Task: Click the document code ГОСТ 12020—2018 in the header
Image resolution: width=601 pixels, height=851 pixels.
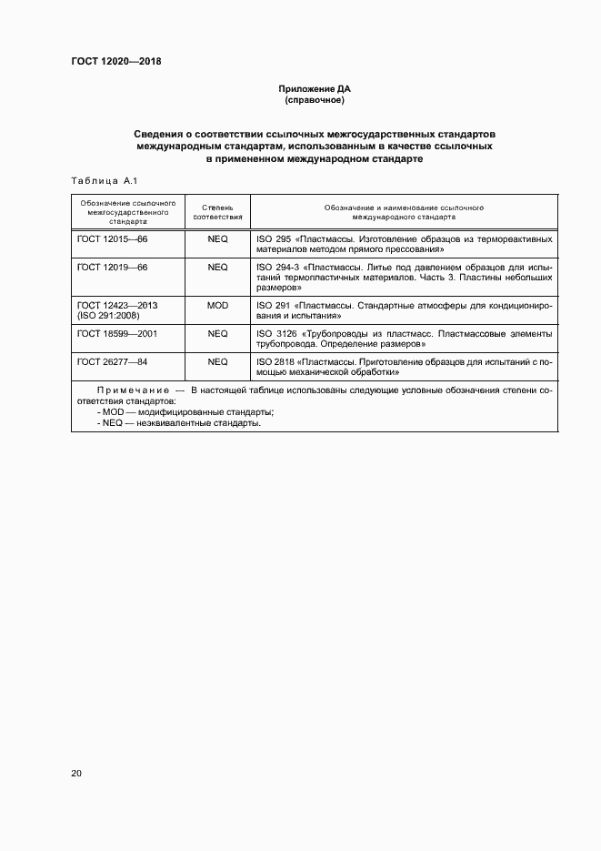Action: pos(116,62)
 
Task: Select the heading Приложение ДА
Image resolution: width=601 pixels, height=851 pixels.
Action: pos(314,89)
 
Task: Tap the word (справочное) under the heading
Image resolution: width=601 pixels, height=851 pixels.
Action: pos(314,100)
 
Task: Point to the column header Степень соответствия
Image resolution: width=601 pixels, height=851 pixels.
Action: pos(217,213)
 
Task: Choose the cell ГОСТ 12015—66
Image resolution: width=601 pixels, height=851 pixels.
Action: pos(112,238)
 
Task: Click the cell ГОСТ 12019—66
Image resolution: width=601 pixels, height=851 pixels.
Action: pos(112,268)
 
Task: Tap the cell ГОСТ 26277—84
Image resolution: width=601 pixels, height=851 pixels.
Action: pos(112,361)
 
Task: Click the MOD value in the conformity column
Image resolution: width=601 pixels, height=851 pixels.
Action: pos(217,306)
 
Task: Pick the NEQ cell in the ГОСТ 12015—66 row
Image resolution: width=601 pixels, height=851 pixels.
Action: pos(217,238)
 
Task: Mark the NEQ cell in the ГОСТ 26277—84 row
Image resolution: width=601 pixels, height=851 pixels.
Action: pos(217,361)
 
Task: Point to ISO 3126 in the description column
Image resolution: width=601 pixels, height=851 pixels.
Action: pos(274,334)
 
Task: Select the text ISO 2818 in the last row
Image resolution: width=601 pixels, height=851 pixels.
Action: pos(274,361)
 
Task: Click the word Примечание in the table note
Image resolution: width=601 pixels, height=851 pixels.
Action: pos(132,390)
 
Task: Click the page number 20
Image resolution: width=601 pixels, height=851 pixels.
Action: pos(76,773)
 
